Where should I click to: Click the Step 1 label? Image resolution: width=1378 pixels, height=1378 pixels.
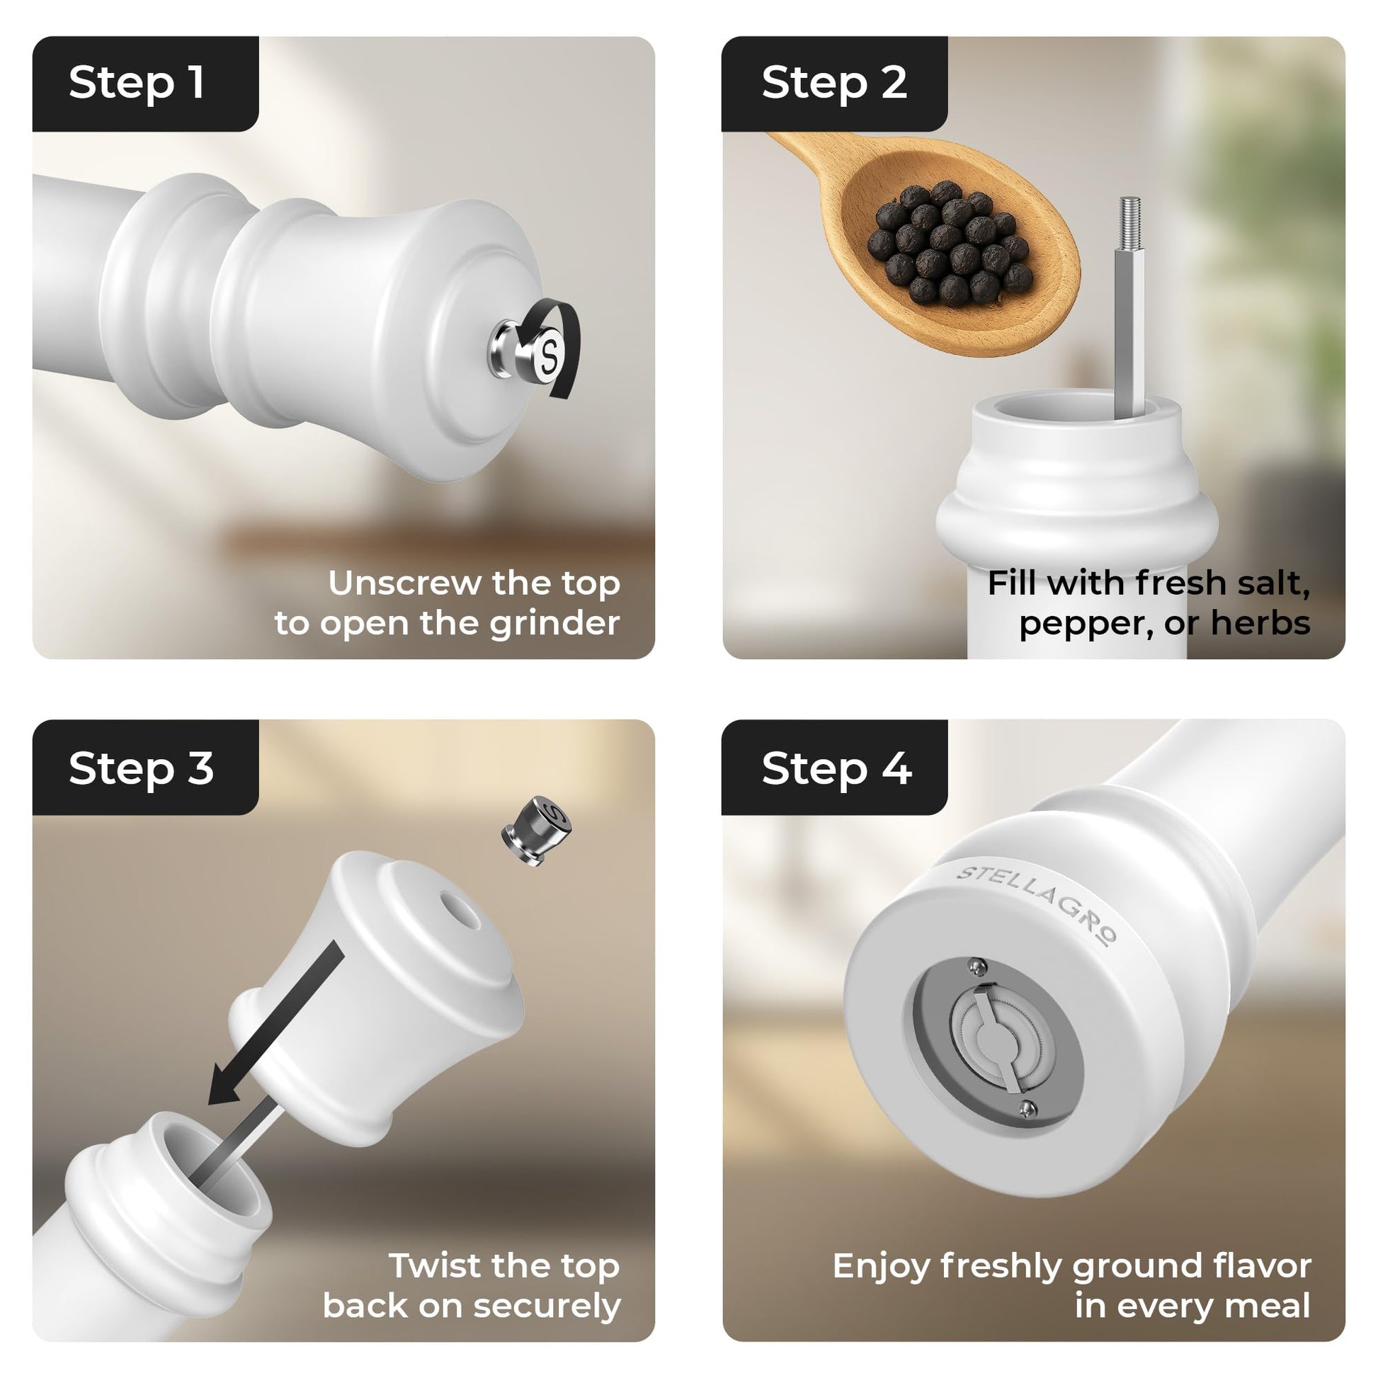pos(137,83)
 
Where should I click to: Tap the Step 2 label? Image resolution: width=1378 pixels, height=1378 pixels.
pos(833,83)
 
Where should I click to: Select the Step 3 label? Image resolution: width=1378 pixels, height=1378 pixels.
pos(141,769)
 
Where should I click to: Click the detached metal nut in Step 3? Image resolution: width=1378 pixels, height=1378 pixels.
pos(537,829)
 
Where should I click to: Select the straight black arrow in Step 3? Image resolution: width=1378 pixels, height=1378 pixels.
pos(276,1023)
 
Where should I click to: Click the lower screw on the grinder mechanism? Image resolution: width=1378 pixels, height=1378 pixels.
pos(1027,1107)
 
